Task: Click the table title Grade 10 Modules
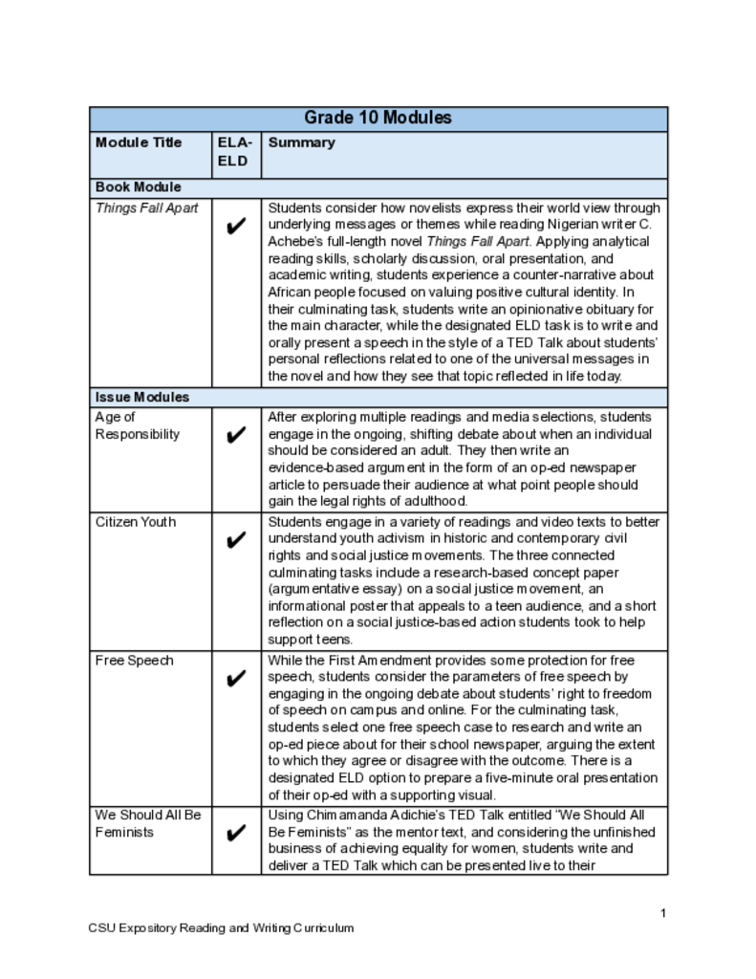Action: pyautogui.click(x=378, y=119)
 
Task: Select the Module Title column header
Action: pyautogui.click(x=139, y=142)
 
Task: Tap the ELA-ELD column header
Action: pyautogui.click(x=235, y=151)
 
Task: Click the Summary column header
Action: pyautogui.click(x=301, y=142)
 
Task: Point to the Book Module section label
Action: pyautogui.click(x=138, y=187)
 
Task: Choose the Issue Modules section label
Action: pyautogui.click(x=141, y=397)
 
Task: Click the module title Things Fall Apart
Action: pyautogui.click(x=146, y=207)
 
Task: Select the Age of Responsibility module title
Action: pyautogui.click(x=137, y=425)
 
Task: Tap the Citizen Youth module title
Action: pyautogui.click(x=136, y=522)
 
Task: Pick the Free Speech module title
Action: pyautogui.click(x=133, y=661)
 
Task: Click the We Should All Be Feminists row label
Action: pyautogui.click(x=147, y=823)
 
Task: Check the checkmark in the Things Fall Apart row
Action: pyautogui.click(x=236, y=228)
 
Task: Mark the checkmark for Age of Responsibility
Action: pyautogui.click(x=236, y=436)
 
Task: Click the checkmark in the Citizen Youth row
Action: pyautogui.click(x=236, y=541)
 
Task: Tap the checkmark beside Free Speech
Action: pyautogui.click(x=236, y=680)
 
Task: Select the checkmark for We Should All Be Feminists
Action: pyautogui.click(x=236, y=834)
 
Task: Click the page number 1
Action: pyautogui.click(x=662, y=913)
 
